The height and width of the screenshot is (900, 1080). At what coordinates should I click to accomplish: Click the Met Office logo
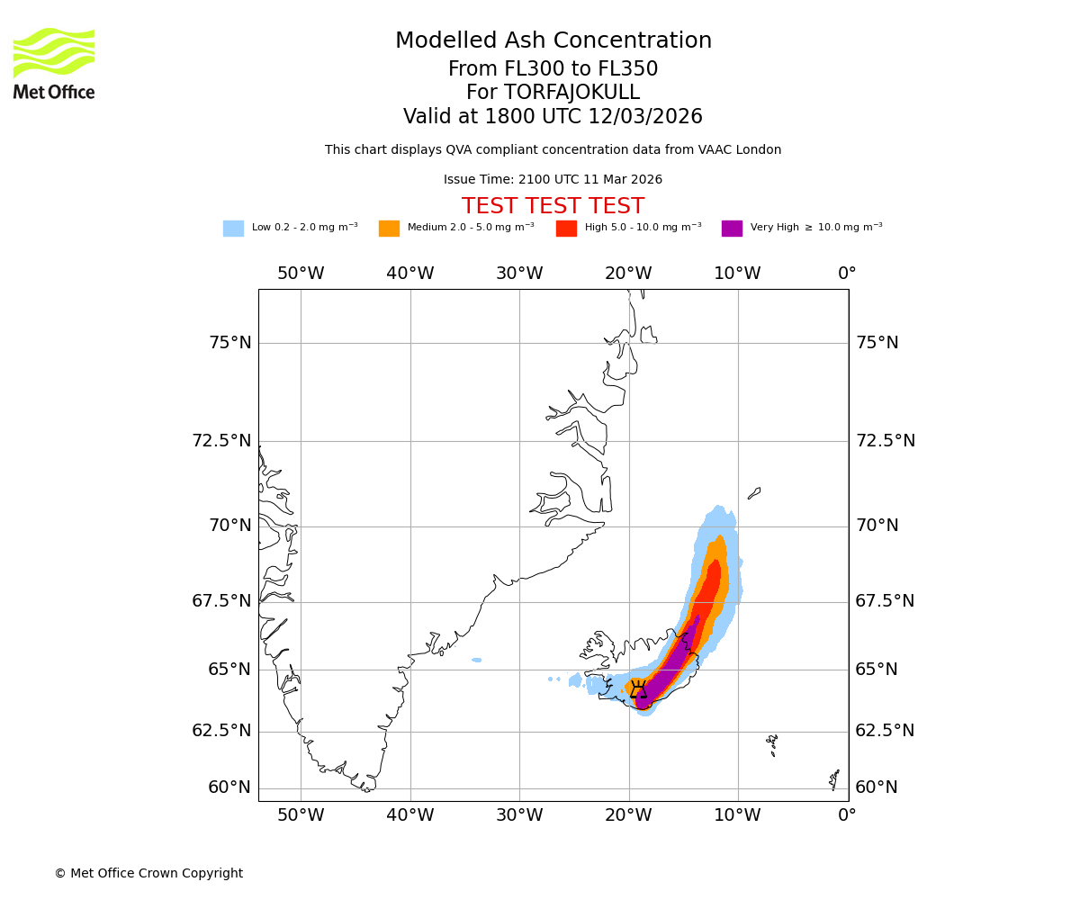[54, 63]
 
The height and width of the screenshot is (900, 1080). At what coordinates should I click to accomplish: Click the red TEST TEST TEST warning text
[553, 206]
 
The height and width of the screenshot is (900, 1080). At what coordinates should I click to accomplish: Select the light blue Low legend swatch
[233, 229]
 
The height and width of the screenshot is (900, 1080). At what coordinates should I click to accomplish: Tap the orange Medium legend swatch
[389, 229]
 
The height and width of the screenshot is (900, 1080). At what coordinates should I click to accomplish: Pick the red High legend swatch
[566, 229]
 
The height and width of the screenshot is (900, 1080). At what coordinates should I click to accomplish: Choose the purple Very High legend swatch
[732, 229]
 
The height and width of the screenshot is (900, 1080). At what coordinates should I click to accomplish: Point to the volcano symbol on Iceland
[638, 689]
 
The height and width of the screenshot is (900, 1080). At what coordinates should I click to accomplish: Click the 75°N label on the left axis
[230, 343]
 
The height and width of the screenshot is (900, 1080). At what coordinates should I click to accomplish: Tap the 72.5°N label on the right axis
[885, 441]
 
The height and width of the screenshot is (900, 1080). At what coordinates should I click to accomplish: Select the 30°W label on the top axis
[519, 274]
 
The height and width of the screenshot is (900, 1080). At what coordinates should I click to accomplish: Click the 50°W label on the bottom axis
[301, 815]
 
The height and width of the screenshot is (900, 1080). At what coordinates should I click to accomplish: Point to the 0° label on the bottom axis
[847, 815]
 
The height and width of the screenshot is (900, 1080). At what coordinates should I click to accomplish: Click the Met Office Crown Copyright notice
[148, 873]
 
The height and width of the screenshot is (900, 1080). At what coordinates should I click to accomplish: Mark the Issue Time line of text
[553, 180]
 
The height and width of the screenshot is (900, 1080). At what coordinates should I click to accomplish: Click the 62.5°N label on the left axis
[221, 731]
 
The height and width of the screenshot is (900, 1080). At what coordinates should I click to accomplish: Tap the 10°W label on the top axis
[738, 274]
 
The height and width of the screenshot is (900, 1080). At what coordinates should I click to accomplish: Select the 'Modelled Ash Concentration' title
[553, 40]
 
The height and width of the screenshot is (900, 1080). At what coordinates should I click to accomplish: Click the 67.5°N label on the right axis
[885, 601]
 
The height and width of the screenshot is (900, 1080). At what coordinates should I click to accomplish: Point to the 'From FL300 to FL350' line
[553, 69]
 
